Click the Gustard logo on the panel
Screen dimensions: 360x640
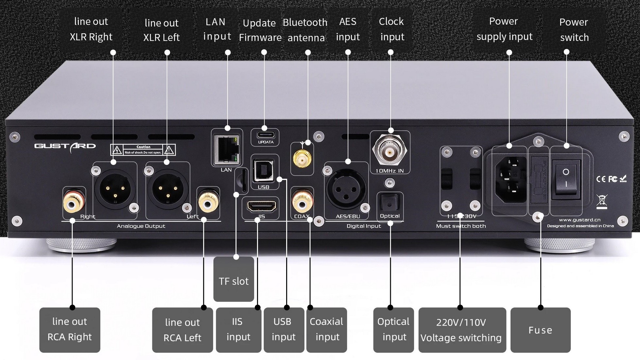click(65, 146)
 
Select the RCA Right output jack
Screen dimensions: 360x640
click(74, 203)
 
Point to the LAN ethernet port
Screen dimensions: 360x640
click(227, 149)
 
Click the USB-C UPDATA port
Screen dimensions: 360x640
click(265, 135)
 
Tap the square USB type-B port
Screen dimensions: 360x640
click(264, 170)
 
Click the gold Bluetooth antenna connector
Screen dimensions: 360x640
click(302, 159)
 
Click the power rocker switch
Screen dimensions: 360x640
click(566, 178)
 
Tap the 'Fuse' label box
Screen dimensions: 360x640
click(540, 330)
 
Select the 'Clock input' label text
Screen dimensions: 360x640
click(391, 29)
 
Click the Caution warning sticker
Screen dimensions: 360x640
click(143, 150)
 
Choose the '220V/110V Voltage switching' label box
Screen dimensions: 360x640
click(461, 330)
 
